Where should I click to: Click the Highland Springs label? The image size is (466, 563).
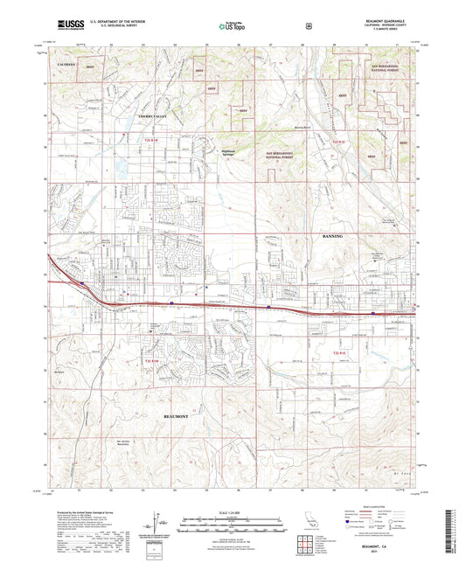(x=230, y=149)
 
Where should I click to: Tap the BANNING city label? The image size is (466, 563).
(x=335, y=236)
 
